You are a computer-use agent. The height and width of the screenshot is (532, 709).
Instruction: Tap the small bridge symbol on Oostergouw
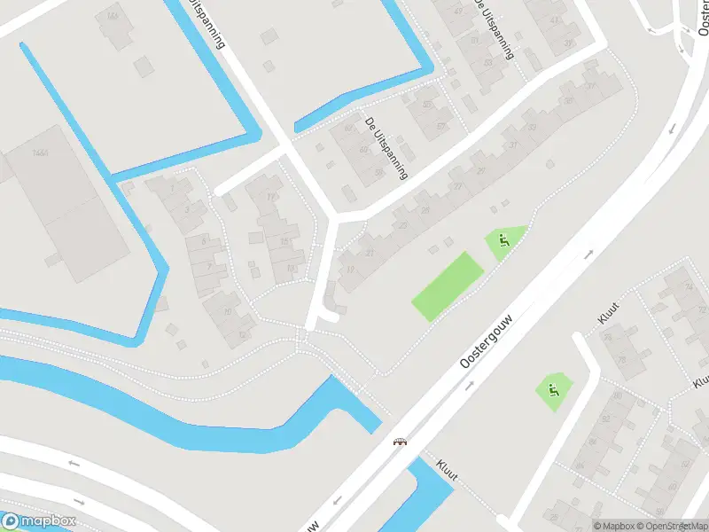click(x=401, y=442)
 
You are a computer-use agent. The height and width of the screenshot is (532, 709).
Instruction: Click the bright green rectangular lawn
click(x=448, y=286)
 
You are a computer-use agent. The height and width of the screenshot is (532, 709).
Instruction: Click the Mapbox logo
click(x=37, y=521)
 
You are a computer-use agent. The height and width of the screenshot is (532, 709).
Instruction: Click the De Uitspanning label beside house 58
click(x=386, y=147)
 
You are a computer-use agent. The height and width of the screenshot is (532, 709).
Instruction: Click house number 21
click(x=370, y=254)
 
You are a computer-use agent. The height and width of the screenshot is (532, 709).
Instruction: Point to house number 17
click(x=271, y=197)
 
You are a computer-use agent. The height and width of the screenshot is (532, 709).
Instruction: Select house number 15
click(x=284, y=240)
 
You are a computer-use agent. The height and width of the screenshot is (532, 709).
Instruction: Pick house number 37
click(x=589, y=86)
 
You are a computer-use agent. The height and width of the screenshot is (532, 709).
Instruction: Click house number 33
click(x=533, y=127)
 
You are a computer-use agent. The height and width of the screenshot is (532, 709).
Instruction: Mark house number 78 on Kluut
click(x=621, y=359)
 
